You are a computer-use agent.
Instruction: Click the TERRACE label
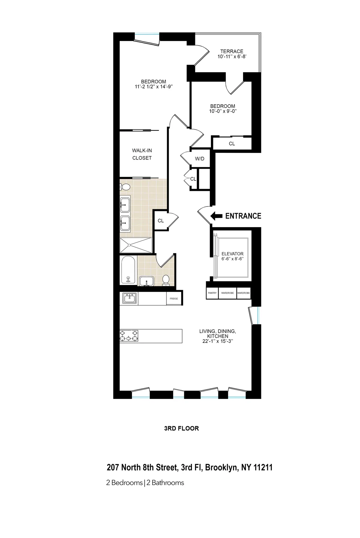[x=232, y=51]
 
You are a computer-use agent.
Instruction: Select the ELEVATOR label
[x=232, y=254]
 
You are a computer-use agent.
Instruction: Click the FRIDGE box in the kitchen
[x=174, y=299]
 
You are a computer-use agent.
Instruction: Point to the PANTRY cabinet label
[x=212, y=293]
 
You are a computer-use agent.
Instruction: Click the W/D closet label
[x=199, y=159]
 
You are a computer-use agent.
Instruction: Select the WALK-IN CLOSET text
[x=142, y=154]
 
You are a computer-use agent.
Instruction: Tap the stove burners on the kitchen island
[x=129, y=336]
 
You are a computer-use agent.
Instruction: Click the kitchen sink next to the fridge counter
[x=130, y=299]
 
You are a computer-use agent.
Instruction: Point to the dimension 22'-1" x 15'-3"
[x=218, y=341]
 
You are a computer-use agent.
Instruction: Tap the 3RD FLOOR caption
[x=181, y=428]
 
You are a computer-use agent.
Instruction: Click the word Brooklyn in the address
[x=221, y=468]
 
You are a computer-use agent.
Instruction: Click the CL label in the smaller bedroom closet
[x=232, y=144]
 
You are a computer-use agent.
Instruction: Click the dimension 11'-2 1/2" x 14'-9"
[x=154, y=87]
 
